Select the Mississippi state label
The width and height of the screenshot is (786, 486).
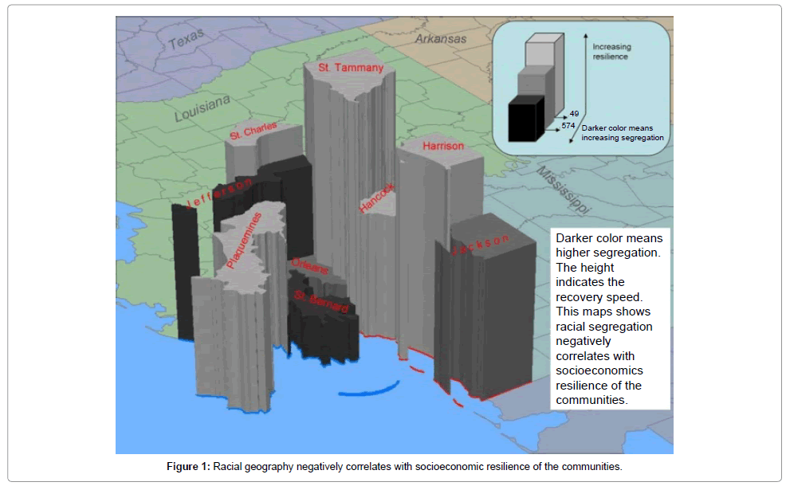pos(563,191)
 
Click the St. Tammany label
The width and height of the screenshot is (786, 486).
pos(345,69)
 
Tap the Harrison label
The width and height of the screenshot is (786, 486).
pos(443,146)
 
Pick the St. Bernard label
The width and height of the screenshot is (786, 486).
pos(321,301)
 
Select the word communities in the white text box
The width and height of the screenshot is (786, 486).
pos(591,400)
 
